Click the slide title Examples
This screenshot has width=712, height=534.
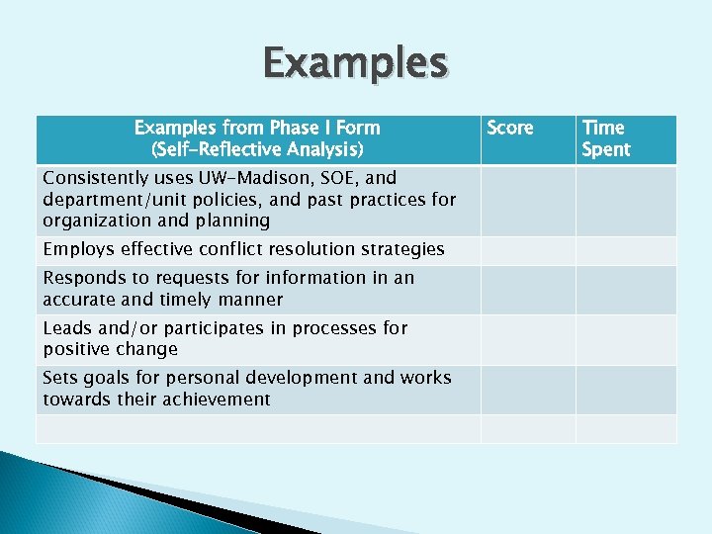[x=355, y=64]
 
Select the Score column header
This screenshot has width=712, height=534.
[x=510, y=129]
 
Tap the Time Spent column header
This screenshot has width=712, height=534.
[x=605, y=138]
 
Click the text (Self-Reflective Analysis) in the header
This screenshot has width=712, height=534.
[x=257, y=150]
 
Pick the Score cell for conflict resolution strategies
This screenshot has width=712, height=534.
[x=528, y=250]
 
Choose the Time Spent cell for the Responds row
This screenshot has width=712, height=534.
[x=626, y=289]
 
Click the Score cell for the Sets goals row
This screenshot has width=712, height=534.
[x=528, y=389]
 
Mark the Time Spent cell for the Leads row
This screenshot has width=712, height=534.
[x=626, y=339]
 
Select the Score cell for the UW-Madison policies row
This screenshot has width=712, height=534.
[x=528, y=201]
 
